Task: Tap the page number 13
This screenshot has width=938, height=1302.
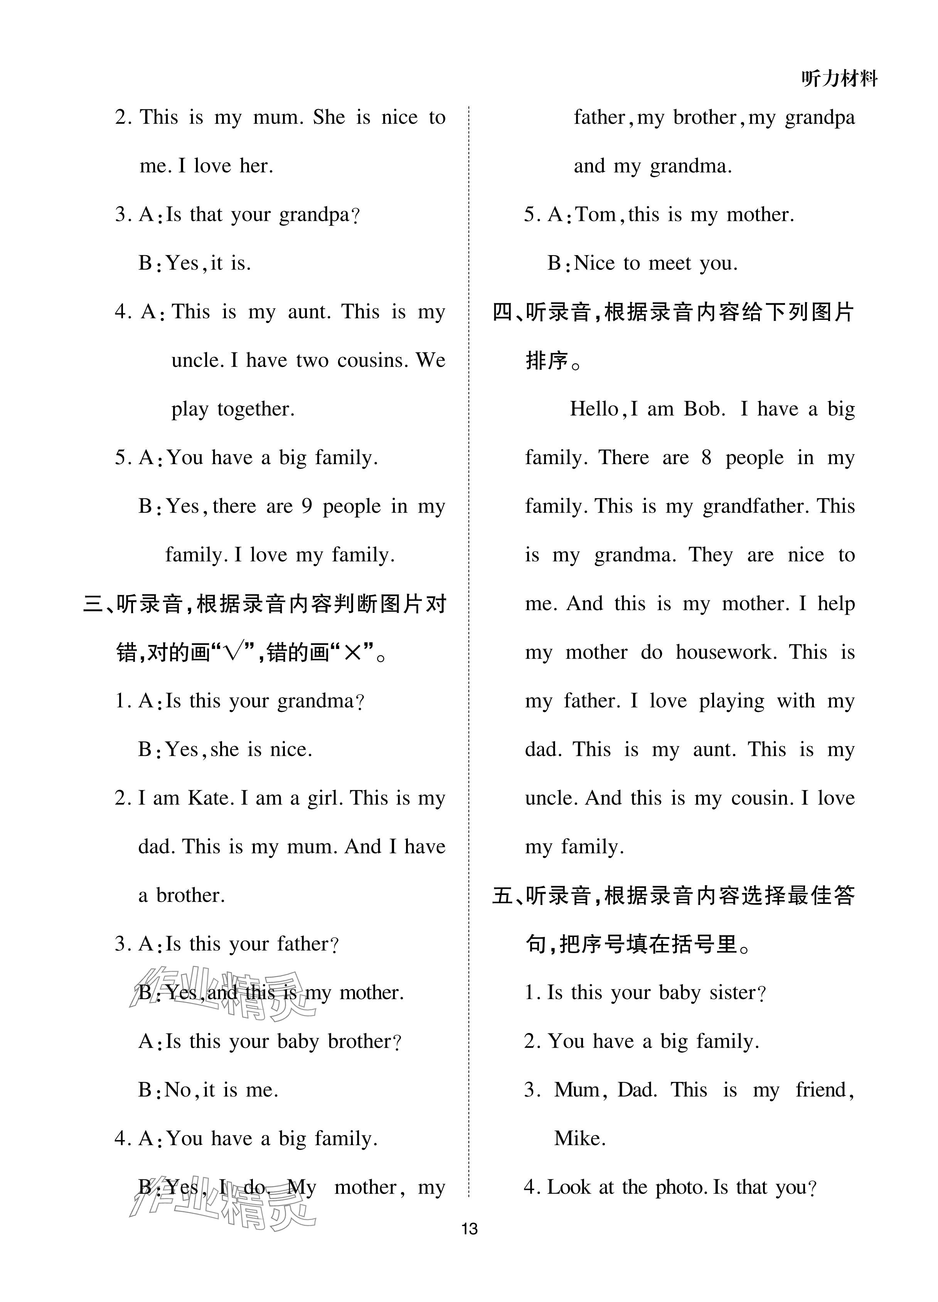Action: pos(469,1228)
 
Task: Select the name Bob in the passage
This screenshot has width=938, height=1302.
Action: pos(704,409)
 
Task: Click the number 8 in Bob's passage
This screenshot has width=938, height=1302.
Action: pos(706,458)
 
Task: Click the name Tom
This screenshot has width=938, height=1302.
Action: pos(595,215)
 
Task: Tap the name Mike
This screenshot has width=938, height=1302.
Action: pos(579,1139)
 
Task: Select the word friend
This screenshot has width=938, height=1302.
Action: pos(823,1090)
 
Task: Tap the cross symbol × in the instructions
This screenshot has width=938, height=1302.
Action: pos(351,652)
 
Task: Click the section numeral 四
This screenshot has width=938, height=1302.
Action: pos(503,312)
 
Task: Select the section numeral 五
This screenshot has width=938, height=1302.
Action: pos(503,895)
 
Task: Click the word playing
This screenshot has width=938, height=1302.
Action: pos(731,701)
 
